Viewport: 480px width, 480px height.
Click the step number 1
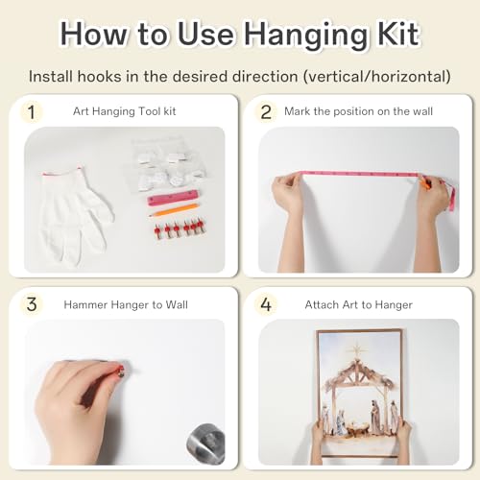click(x=31, y=112)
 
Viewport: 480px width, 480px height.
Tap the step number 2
click(x=266, y=112)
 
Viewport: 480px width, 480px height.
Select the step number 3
click(x=32, y=304)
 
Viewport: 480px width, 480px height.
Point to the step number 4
click(x=266, y=304)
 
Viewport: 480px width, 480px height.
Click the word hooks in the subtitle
click(x=99, y=77)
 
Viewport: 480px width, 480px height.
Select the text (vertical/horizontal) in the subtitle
click(x=377, y=77)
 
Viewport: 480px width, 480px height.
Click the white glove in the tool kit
click(x=76, y=214)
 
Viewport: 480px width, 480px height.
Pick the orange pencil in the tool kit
click(x=174, y=210)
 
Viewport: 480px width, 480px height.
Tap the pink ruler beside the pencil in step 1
click(x=173, y=198)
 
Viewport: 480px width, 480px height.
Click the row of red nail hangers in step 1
click(x=180, y=228)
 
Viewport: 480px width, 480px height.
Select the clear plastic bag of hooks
click(x=168, y=164)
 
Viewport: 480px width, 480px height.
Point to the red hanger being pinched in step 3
click(x=121, y=371)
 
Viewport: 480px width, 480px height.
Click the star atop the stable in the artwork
click(x=356, y=349)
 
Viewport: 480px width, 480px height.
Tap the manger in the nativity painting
click(x=356, y=427)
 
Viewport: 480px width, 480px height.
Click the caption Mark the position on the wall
click(x=358, y=111)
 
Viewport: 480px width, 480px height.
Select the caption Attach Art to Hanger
click(x=359, y=304)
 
